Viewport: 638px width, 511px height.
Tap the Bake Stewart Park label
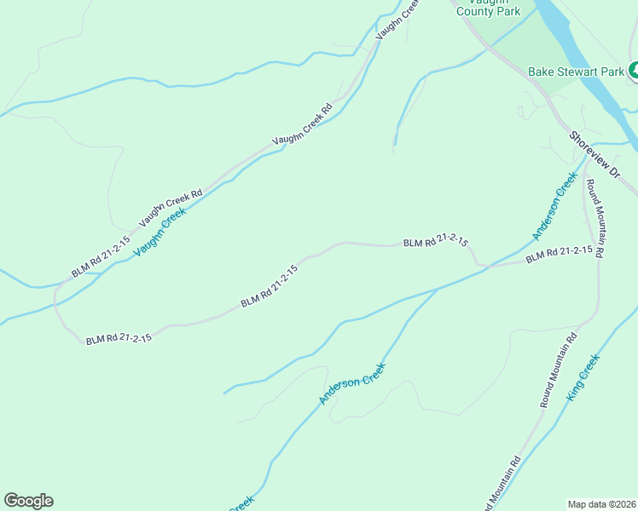[576, 72]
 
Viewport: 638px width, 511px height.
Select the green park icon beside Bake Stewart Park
[634, 72]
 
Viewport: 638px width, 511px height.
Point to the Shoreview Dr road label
[594, 155]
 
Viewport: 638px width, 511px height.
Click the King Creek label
[583, 378]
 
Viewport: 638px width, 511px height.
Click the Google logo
[28, 501]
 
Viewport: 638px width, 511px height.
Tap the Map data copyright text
[600, 503]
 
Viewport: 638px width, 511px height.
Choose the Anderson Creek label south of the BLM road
[352, 384]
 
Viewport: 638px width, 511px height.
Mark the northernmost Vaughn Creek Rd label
[398, 16]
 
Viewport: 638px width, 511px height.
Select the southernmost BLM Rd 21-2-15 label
[119, 338]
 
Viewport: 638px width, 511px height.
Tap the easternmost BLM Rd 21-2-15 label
[559, 254]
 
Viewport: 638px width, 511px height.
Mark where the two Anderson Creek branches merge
[438, 289]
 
